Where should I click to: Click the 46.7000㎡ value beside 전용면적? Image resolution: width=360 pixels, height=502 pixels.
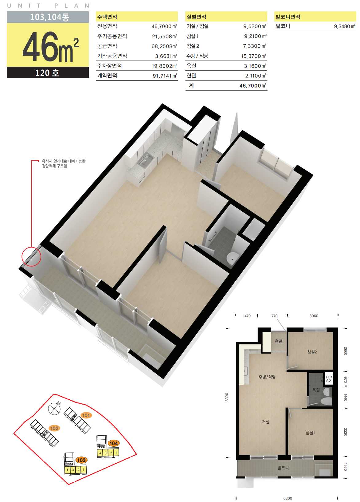coord(164,26)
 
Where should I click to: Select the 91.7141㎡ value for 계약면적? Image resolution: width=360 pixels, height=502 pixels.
coord(165,76)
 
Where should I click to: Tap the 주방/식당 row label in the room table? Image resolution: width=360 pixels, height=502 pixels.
coord(197,56)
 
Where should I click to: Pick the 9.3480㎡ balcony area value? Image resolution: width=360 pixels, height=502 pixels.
coord(345,26)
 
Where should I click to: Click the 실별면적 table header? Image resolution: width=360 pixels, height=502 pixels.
coord(197,17)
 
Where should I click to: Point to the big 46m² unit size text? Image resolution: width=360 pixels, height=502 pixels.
coord(51,47)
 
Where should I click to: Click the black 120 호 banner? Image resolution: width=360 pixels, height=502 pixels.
coord(48,73)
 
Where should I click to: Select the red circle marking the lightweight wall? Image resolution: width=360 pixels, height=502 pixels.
coord(31,257)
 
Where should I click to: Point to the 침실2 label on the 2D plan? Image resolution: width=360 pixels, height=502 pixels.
coord(312,352)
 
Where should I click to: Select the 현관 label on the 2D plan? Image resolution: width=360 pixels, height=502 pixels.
coord(279,341)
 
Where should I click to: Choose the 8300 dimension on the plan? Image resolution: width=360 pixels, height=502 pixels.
coord(227,397)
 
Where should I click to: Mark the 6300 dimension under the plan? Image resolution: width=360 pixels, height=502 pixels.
coord(288,498)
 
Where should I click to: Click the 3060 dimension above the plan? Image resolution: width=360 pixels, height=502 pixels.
coord(314,316)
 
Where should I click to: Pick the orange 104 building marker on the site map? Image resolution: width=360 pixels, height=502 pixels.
coord(114,443)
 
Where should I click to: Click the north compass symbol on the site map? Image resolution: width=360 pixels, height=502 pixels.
coord(54,408)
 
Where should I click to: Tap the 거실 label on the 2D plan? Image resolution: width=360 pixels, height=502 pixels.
coord(266,422)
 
